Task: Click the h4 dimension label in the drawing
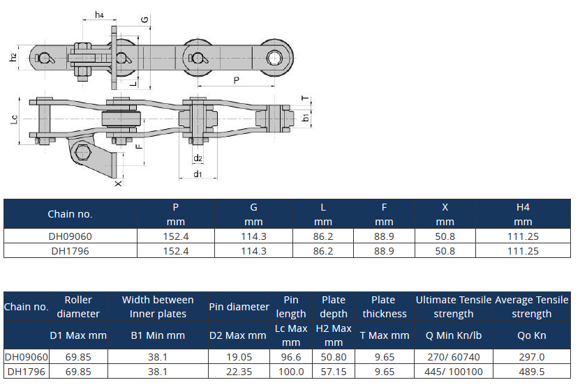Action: pyautogui.click(x=99, y=15)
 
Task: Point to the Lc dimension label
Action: pyautogui.click(x=14, y=119)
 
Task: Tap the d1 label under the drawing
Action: pyautogui.click(x=198, y=174)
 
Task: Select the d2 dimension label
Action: pyautogui.click(x=198, y=158)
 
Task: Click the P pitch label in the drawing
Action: pyautogui.click(x=236, y=80)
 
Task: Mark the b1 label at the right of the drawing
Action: pyautogui.click(x=306, y=117)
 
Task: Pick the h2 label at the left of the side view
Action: pyautogui.click(x=13, y=57)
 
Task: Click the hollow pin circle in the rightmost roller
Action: pyautogui.click(x=274, y=58)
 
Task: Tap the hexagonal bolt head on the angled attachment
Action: pyautogui.click(x=82, y=153)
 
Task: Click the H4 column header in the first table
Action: pyautogui.click(x=523, y=207)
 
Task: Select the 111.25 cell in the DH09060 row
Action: pyautogui.click(x=523, y=236)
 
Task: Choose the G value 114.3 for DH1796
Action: pyautogui.click(x=253, y=251)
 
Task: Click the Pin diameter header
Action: pyautogui.click(x=239, y=307)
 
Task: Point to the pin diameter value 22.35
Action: pyautogui.click(x=239, y=372)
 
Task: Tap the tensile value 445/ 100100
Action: pyautogui.click(x=454, y=372)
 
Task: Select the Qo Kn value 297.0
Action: pyautogui.click(x=532, y=357)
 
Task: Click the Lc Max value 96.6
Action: pyautogui.click(x=291, y=357)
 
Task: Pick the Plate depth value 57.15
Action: pyautogui.click(x=334, y=372)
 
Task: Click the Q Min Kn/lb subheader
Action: pyautogui.click(x=454, y=335)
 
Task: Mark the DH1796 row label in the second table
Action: pyautogui.click(x=27, y=372)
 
